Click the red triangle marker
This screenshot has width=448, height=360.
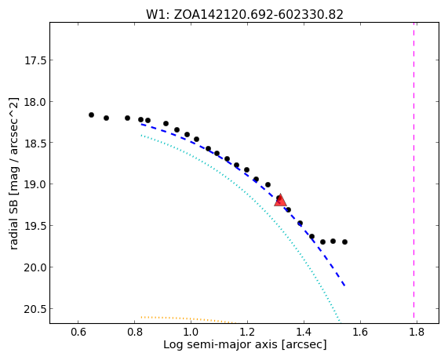point(280,200)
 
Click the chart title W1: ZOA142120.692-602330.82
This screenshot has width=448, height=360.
point(245,14)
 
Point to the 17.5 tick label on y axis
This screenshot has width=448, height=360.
point(35,60)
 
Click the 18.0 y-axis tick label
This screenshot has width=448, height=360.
point(35,102)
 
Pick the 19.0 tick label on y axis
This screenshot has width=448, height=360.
point(35,184)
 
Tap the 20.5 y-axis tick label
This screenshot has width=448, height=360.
point(35,309)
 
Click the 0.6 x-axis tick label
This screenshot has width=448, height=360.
point(78,333)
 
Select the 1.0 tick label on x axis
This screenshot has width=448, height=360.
point(191,333)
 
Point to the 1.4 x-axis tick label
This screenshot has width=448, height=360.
point(304,333)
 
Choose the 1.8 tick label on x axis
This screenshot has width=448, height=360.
point(417,333)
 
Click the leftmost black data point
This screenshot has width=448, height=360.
point(92,115)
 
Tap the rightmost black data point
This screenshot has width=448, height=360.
point(345,242)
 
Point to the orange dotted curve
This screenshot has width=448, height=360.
point(188,318)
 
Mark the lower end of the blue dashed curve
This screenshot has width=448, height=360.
point(345,285)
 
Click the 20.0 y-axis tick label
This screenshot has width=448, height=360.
point(35,267)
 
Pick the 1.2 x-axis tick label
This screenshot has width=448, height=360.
point(247,333)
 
